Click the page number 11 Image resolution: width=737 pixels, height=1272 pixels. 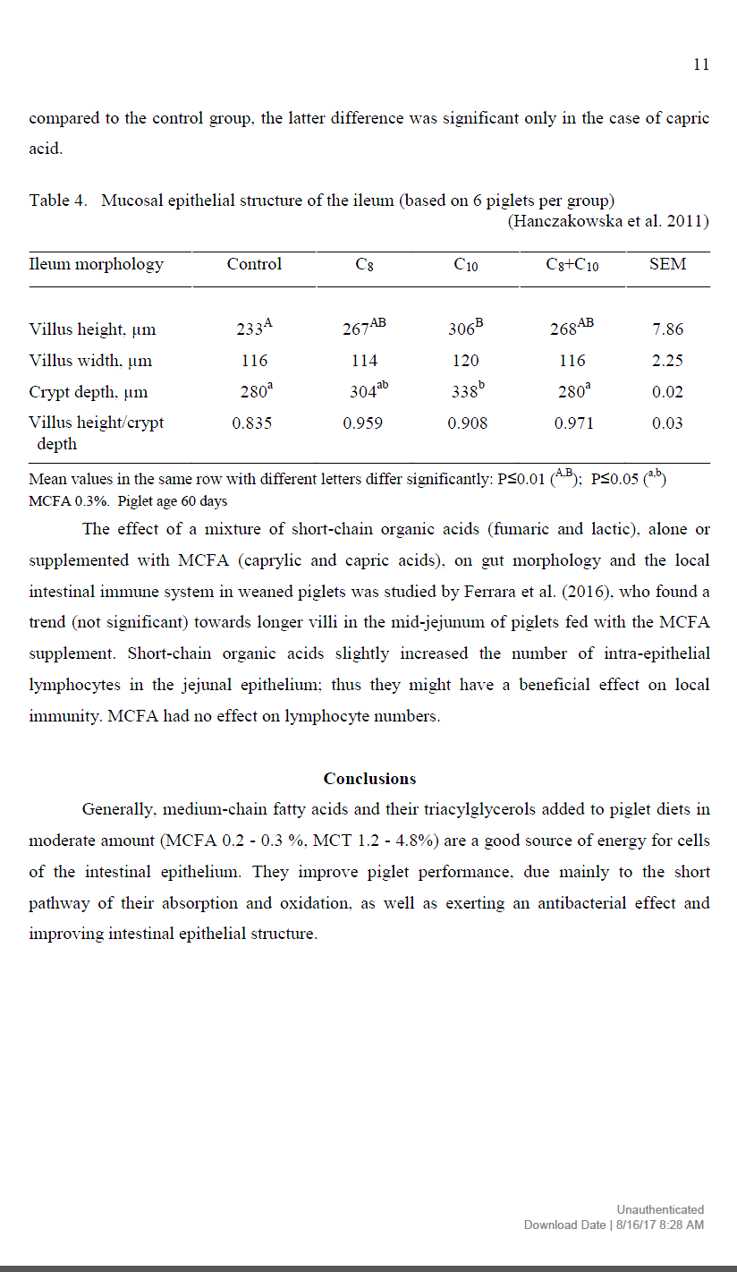[x=701, y=64]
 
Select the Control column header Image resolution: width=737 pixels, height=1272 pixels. [x=254, y=264]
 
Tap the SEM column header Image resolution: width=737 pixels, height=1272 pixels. [x=667, y=264]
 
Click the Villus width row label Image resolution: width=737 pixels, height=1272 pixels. [x=90, y=361]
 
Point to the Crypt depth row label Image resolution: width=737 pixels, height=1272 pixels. [x=89, y=392]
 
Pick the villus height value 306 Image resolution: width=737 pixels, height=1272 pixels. [x=462, y=329]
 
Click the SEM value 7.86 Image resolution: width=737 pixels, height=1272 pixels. [x=667, y=329]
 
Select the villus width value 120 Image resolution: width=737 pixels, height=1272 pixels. [x=465, y=361]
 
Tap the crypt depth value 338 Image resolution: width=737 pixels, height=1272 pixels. [x=462, y=392]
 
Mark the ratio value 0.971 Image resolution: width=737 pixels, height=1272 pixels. [x=573, y=423]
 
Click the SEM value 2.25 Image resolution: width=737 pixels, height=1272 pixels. [x=667, y=361]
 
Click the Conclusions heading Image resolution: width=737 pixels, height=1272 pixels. [x=369, y=779]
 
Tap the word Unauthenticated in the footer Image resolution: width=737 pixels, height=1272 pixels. [x=660, y=1209]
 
